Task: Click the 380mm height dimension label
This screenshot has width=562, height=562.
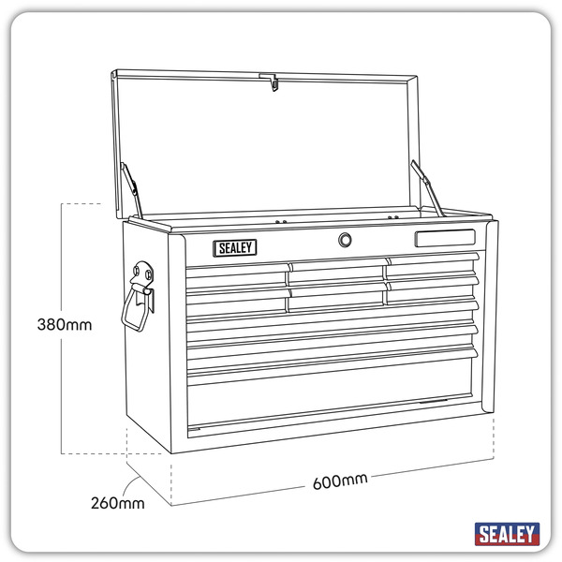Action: pos(65,326)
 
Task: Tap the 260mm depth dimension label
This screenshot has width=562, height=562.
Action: pos(118,503)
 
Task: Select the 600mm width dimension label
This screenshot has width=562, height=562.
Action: pos(339,481)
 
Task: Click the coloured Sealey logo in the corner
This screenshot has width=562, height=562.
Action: pos(507,534)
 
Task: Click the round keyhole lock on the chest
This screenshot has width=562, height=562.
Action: pos(346,241)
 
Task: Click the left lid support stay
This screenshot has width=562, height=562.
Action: pos(133,188)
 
